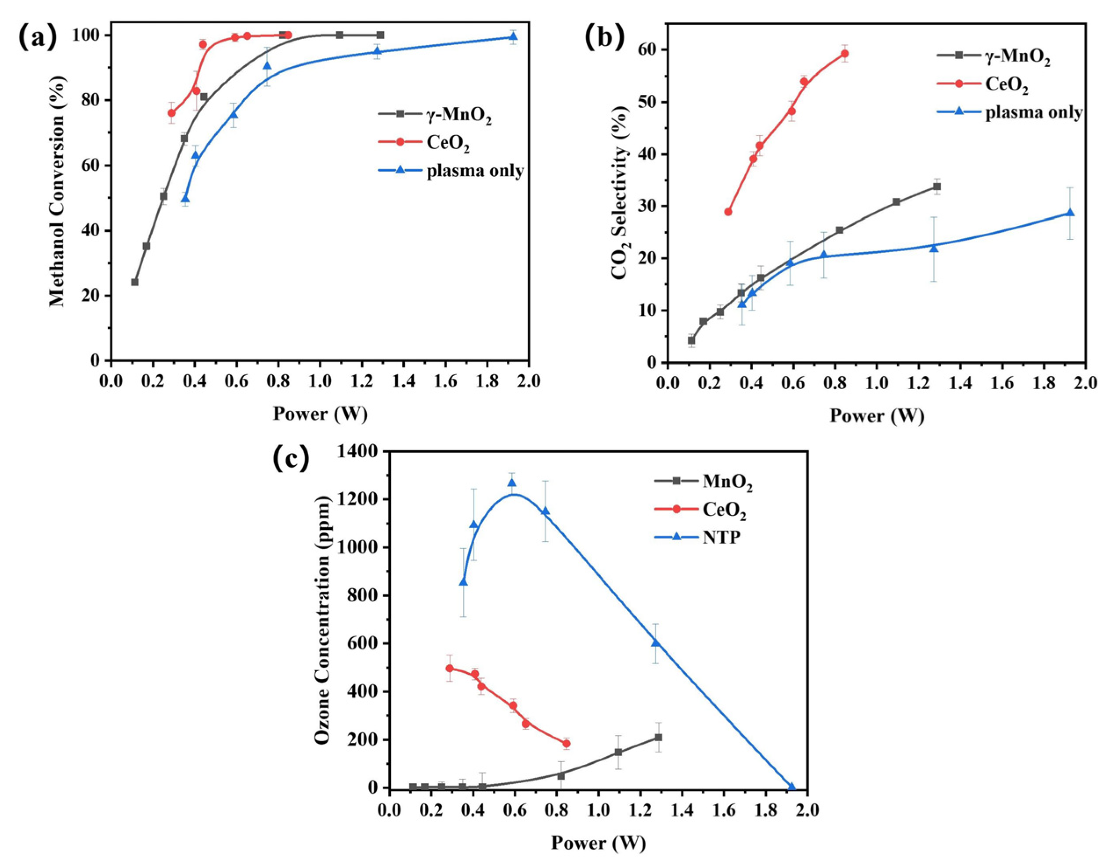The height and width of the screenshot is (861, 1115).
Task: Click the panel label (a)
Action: [38, 36]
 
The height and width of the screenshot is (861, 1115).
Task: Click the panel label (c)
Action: [291, 457]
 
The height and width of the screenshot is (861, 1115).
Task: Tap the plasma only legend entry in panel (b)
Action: [1033, 112]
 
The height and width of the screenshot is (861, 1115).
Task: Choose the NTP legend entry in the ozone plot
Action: [721, 537]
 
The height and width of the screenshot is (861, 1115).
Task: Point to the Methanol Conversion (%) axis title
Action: [57, 192]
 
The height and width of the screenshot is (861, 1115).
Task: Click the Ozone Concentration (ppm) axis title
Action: [322, 619]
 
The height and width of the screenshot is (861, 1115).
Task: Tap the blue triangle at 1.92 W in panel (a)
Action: [513, 37]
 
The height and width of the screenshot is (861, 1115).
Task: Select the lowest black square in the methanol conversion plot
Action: [135, 282]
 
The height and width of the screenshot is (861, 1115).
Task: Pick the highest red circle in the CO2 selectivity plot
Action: [844, 54]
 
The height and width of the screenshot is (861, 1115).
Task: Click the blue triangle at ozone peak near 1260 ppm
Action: [512, 483]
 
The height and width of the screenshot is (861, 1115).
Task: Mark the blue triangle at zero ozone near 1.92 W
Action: [792, 787]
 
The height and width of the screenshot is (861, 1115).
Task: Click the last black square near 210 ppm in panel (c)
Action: [658, 738]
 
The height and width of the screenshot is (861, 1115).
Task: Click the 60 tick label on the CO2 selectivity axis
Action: [647, 50]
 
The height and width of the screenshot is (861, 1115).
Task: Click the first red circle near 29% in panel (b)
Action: [728, 212]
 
